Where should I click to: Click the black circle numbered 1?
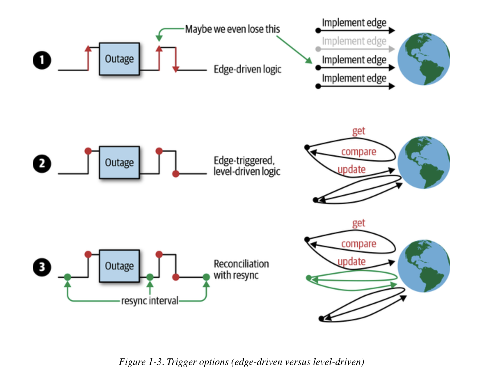tap(42, 60)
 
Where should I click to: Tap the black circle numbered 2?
tap(42, 163)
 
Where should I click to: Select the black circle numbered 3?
tap(42, 267)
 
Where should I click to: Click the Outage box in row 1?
tap(119, 59)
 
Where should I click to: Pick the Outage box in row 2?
tap(119, 162)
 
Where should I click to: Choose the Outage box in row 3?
tap(119, 266)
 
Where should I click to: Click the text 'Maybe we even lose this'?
tap(232, 29)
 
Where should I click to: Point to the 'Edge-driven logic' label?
tap(247, 69)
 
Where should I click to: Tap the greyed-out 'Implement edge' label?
tap(354, 41)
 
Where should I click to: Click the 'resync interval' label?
tap(150, 301)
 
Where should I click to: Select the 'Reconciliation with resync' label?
tap(241, 269)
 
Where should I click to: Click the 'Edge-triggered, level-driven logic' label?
tap(247, 166)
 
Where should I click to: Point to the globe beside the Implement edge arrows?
tap(424, 59)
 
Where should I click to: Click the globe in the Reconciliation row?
tap(424, 266)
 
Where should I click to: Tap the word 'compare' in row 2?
tap(358, 152)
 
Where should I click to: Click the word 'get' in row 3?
tap(358, 223)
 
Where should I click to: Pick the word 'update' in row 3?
tap(351, 262)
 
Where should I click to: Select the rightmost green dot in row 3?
tap(206, 277)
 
